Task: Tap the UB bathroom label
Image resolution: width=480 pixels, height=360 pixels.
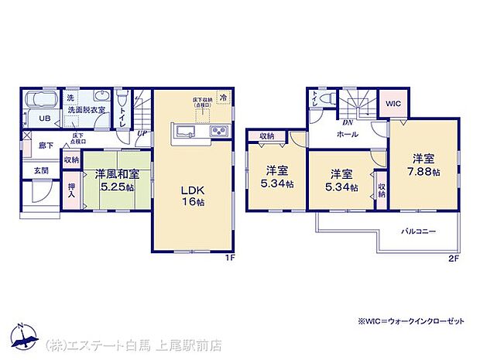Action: (45, 118)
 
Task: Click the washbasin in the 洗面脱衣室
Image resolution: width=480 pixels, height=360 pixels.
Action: (101, 98)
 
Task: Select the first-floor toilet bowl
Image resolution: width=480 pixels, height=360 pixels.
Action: (122, 100)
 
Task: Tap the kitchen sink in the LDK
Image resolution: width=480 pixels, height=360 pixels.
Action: (187, 129)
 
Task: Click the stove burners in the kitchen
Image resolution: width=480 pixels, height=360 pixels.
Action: (218, 129)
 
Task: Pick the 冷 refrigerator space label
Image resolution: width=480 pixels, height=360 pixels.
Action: (223, 99)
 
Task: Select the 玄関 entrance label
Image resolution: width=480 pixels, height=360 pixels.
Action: (41, 170)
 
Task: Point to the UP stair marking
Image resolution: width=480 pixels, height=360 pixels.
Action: (142, 134)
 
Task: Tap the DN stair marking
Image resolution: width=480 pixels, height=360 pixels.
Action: (348, 122)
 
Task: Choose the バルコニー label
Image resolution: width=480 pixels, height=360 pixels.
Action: (418, 231)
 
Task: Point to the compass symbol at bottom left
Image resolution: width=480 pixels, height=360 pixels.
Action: (22, 335)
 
